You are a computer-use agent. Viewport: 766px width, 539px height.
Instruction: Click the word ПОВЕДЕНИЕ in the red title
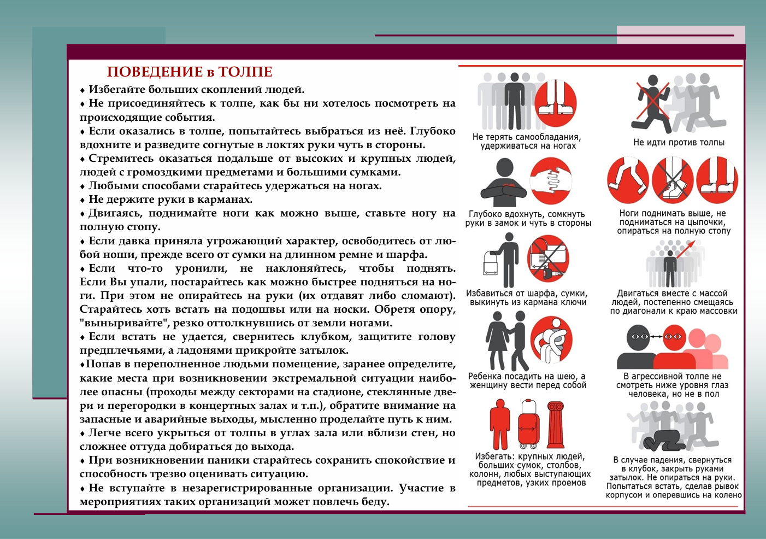point(155,72)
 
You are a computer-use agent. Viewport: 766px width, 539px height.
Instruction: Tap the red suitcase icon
point(528,425)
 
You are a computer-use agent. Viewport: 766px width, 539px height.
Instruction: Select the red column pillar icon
point(555,425)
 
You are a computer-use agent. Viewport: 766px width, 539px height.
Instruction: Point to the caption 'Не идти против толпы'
point(679,143)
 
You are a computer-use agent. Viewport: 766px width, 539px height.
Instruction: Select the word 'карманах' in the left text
point(225,200)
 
